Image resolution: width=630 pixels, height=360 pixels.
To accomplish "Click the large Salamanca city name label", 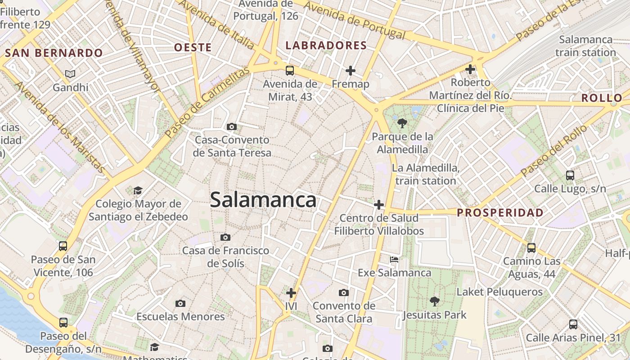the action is coord(263,200).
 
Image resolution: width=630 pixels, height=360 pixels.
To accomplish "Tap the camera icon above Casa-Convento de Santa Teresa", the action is coord(232,127).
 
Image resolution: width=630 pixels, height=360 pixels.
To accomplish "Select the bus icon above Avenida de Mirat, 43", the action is coord(290,71).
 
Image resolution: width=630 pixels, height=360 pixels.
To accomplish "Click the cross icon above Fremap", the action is coord(351,71).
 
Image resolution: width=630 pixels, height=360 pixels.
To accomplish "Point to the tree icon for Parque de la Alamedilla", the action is coord(402,123).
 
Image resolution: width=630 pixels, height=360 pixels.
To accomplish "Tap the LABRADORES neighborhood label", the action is coord(326,45).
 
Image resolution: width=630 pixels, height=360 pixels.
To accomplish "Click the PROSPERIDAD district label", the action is coord(500,212).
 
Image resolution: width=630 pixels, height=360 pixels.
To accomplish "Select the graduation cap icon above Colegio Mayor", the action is coord(138,191).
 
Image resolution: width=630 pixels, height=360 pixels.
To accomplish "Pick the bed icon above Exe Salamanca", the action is coord(394,260).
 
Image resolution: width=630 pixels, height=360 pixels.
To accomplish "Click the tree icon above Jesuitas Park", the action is coord(434,301).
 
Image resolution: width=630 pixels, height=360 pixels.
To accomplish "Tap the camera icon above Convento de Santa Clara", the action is coord(344,293).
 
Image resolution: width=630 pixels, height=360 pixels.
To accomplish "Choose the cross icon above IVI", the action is coord(291,293).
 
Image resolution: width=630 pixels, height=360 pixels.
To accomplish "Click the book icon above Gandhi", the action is coord(70,74).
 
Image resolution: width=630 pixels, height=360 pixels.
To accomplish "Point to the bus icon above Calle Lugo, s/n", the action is coord(570,175).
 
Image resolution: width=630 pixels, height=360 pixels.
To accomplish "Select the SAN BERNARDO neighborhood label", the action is coord(54,53).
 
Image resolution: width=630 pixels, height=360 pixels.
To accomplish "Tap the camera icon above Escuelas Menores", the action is coord(180,303).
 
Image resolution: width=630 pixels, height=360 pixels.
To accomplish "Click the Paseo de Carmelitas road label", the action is coord(207,103).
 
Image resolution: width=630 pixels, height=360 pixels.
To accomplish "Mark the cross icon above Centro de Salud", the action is coord(379,205).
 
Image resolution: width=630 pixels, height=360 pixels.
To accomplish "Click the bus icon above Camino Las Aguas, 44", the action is coord(531,247).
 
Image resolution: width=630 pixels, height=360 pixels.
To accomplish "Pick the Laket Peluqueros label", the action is coord(499,292).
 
